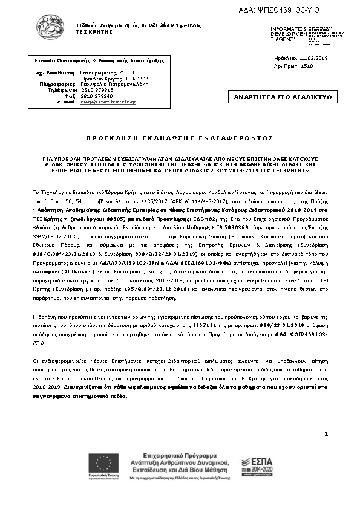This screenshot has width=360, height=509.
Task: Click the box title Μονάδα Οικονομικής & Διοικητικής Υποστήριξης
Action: coord(91,61)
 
